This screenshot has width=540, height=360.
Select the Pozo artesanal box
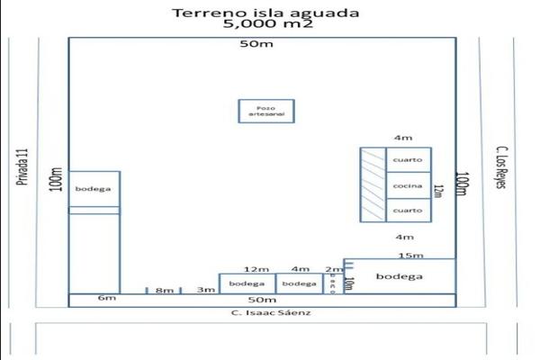pos(265,111)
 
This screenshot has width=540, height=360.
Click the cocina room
pos(408,184)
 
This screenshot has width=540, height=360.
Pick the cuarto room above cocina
pos(408,160)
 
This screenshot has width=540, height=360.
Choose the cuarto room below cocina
pos(408,210)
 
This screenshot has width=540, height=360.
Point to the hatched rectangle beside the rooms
pos(373,184)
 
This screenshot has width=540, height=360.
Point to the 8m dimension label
pos(164,290)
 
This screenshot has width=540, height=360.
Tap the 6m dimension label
pos(107,298)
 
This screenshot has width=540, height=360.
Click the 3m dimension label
pos(206,289)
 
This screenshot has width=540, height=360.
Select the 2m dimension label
pos(333,269)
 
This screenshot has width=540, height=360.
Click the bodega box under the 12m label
pos(247,283)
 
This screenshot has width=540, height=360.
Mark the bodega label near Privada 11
pos(94,188)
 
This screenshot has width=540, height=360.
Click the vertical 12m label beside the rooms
pos(438,192)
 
